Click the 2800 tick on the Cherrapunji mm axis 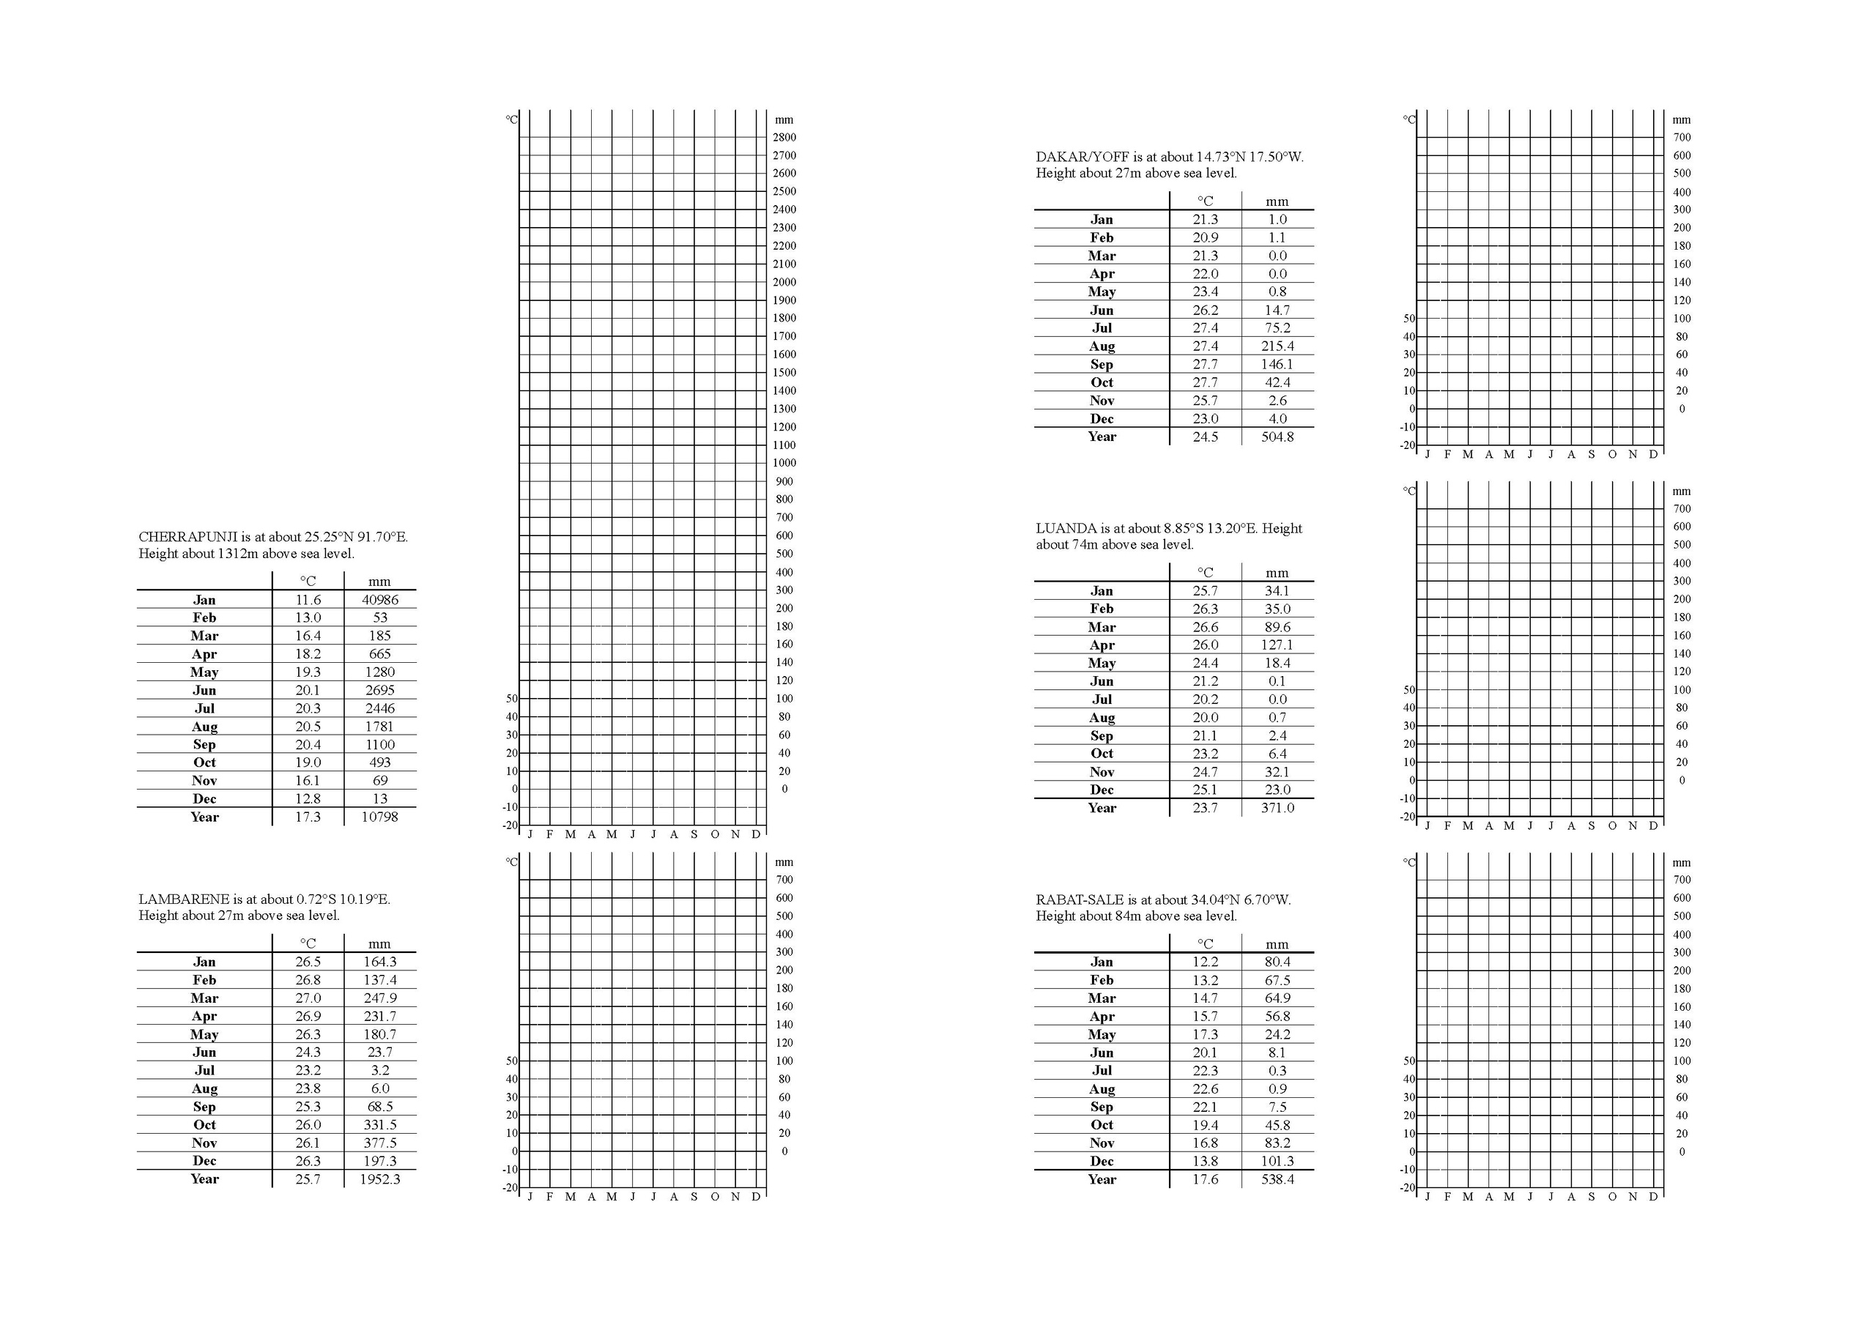click(784, 137)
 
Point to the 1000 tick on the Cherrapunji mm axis click(784, 462)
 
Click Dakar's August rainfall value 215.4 click(1277, 346)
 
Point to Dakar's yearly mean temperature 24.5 click(1206, 437)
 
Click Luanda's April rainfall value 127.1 click(1277, 645)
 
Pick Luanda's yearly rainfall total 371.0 click(1277, 808)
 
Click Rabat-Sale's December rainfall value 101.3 click(1277, 1161)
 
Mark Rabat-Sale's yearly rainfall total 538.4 click(1277, 1179)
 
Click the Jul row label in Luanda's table click(1102, 699)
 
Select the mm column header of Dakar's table click(1277, 201)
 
